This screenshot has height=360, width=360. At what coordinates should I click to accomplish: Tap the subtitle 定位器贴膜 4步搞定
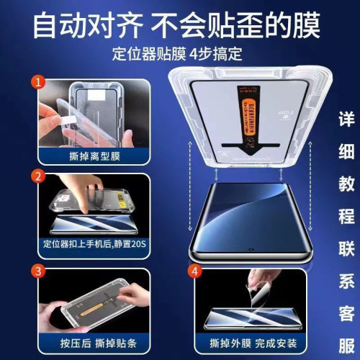(x=181, y=53)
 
